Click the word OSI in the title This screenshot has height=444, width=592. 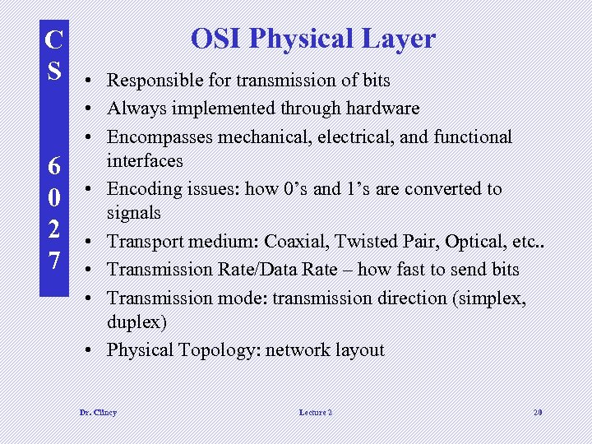216,39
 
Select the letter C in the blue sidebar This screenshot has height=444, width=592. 53,39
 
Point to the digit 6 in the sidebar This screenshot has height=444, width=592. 53,167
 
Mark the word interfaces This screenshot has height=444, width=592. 145,160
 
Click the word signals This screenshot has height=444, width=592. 134,212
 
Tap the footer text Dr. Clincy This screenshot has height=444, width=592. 97,412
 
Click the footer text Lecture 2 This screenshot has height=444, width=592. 316,412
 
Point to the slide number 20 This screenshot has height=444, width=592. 537,412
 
